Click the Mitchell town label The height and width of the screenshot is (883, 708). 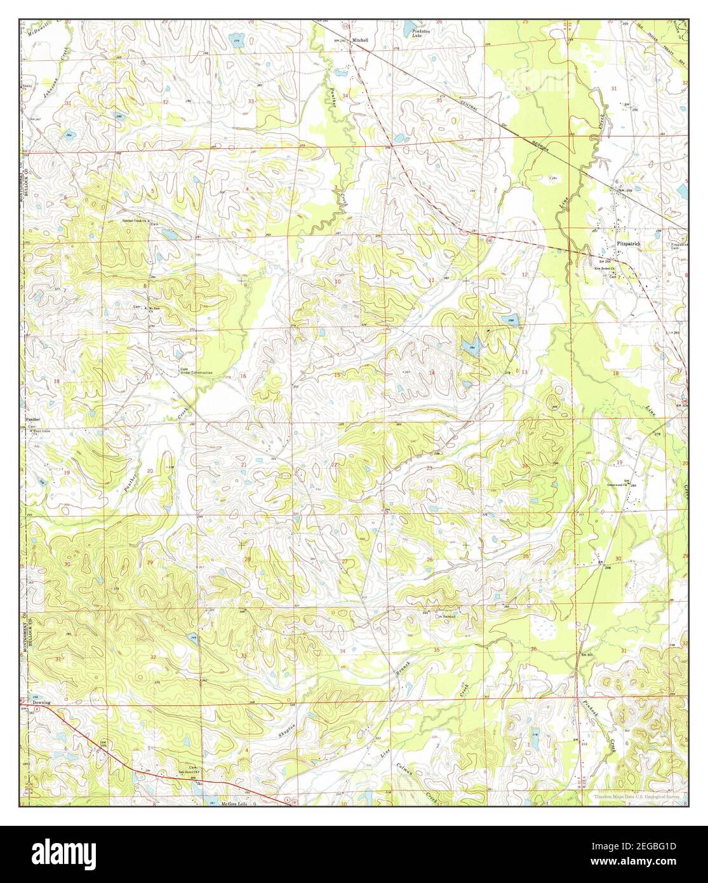(x=360, y=40)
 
